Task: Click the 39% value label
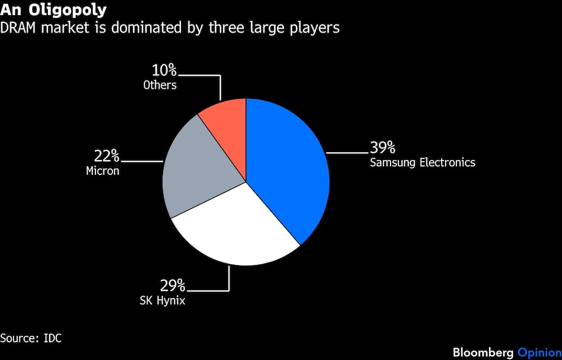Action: coord(382,147)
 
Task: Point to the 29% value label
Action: coord(173,286)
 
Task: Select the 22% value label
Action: coord(106,156)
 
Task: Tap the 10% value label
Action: coord(164,71)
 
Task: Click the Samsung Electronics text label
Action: coord(423,163)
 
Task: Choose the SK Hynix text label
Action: coord(162,300)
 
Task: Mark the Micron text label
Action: coord(102,171)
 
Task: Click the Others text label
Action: coord(160,85)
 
